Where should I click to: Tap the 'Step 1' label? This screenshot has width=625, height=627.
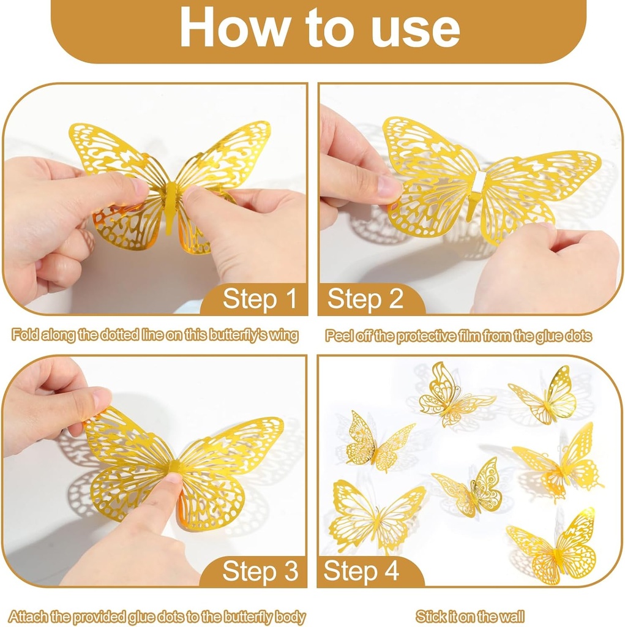[x=260, y=299]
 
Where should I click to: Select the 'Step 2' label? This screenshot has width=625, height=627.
[x=365, y=299]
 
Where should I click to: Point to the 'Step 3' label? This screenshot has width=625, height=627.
[x=260, y=571]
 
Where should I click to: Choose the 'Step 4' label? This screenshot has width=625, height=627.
[x=361, y=571]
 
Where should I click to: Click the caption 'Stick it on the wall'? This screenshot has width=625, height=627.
[x=470, y=616]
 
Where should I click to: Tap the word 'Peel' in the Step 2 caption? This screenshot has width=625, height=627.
[x=339, y=336]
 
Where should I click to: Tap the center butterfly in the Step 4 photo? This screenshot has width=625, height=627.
[x=473, y=490]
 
